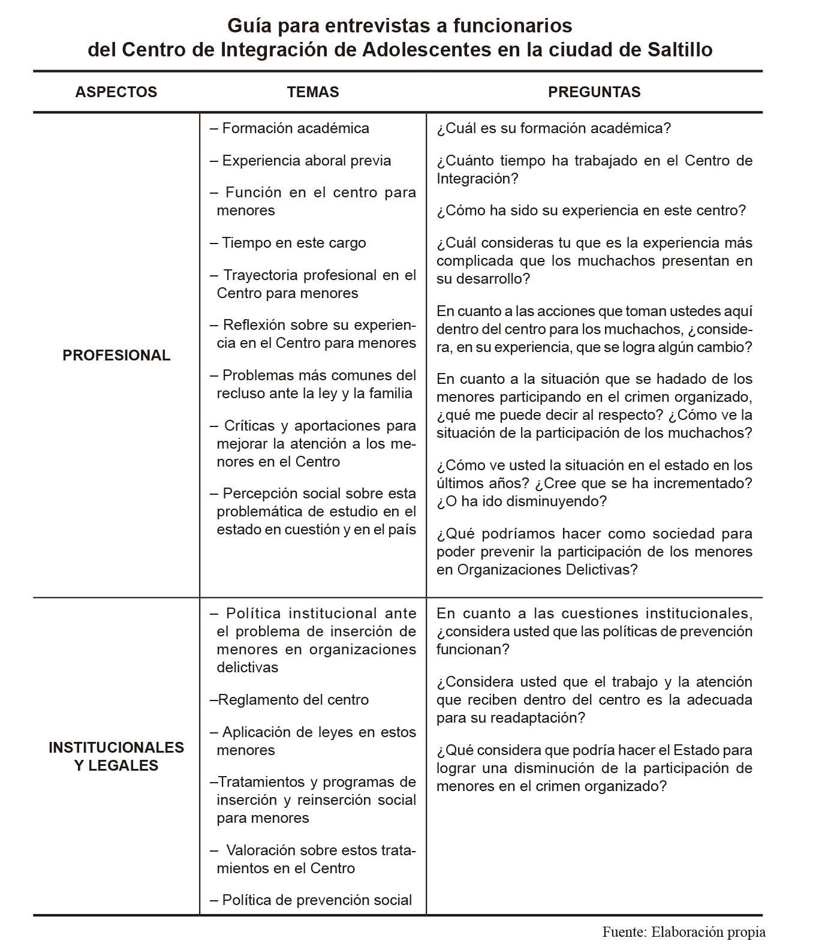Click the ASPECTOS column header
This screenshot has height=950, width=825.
[x=116, y=92]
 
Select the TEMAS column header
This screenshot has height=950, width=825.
[x=312, y=92]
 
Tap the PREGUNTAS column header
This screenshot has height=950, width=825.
[x=594, y=92]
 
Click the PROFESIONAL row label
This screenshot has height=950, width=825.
[x=116, y=355]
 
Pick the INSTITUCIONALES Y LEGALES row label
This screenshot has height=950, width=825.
[x=116, y=756]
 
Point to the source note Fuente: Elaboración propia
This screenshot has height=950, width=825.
[x=684, y=932]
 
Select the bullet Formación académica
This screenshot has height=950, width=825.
[x=290, y=128]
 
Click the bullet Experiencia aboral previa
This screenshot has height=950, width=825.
[x=301, y=161]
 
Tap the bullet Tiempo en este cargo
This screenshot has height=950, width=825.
[x=288, y=243]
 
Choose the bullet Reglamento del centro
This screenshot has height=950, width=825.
[x=290, y=700]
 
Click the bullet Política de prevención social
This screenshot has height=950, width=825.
[x=311, y=900]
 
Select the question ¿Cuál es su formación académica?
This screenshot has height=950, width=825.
[x=553, y=128]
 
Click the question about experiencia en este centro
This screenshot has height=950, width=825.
[x=591, y=211]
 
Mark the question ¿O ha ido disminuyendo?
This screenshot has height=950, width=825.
[x=522, y=501]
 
